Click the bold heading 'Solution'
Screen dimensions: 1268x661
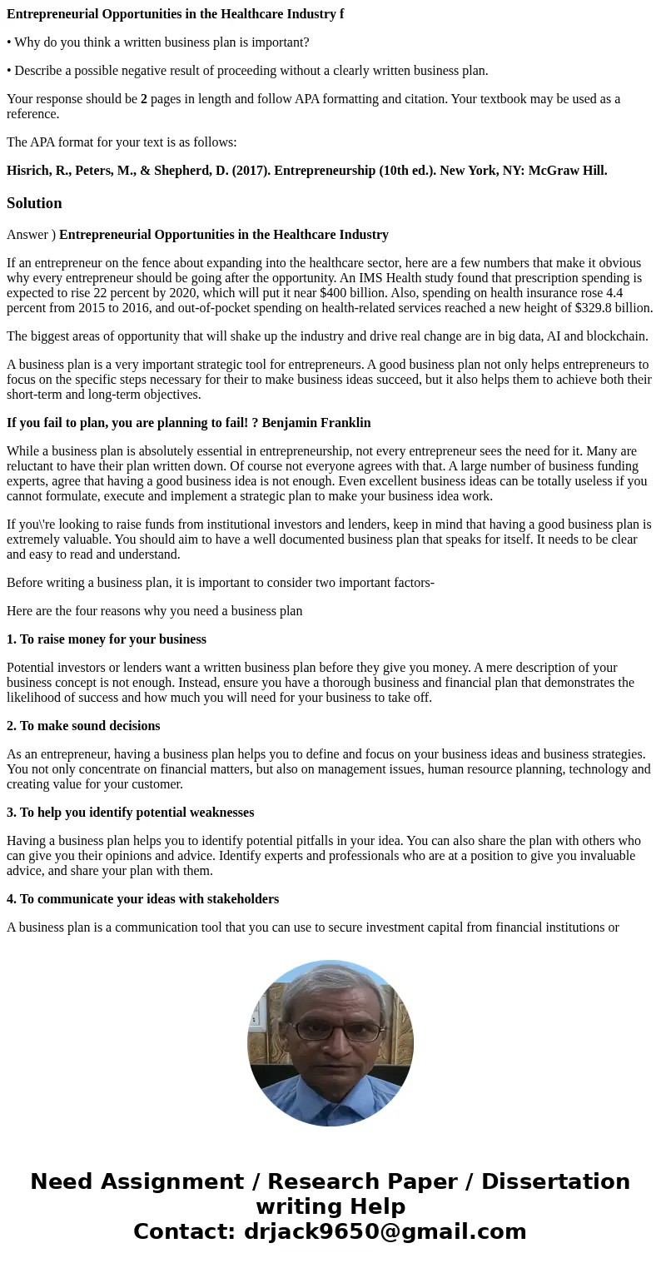[34, 203]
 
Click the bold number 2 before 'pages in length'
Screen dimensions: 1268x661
[144, 99]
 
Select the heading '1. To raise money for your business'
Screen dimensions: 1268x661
[107, 639]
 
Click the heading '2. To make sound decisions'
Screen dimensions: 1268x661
[83, 726]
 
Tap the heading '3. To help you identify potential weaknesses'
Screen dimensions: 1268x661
[130, 813]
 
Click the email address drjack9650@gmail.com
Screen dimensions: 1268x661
[385, 1231]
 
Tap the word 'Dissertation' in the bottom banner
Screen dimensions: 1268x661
[555, 1181]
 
